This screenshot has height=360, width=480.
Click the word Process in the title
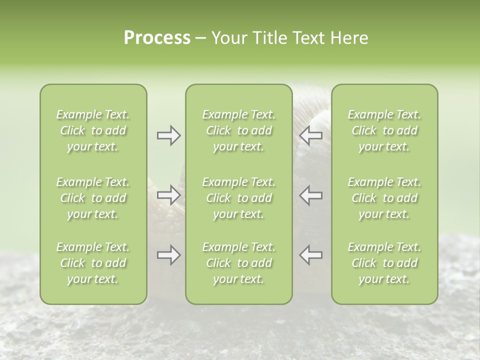(x=157, y=38)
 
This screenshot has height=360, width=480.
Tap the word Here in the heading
(x=348, y=38)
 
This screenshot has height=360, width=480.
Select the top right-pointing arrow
(x=168, y=135)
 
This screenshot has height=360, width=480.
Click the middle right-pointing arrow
(x=168, y=194)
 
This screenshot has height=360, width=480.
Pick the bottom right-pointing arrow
(x=168, y=255)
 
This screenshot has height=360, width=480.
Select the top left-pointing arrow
(x=311, y=135)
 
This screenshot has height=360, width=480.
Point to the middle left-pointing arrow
(x=311, y=194)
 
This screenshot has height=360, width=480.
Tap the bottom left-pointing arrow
(x=311, y=255)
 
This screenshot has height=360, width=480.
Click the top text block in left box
(x=93, y=130)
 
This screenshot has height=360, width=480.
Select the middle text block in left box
(x=93, y=198)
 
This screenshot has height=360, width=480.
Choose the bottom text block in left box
(x=93, y=263)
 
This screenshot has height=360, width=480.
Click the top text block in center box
(x=238, y=130)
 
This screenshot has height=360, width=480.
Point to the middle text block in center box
(x=238, y=198)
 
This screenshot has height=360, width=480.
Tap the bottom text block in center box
(x=238, y=263)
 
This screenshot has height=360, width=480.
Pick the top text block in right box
(x=384, y=130)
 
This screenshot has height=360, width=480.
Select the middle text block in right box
(x=384, y=198)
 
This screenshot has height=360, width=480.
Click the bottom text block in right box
(x=384, y=263)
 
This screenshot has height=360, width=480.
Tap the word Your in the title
(x=228, y=38)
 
